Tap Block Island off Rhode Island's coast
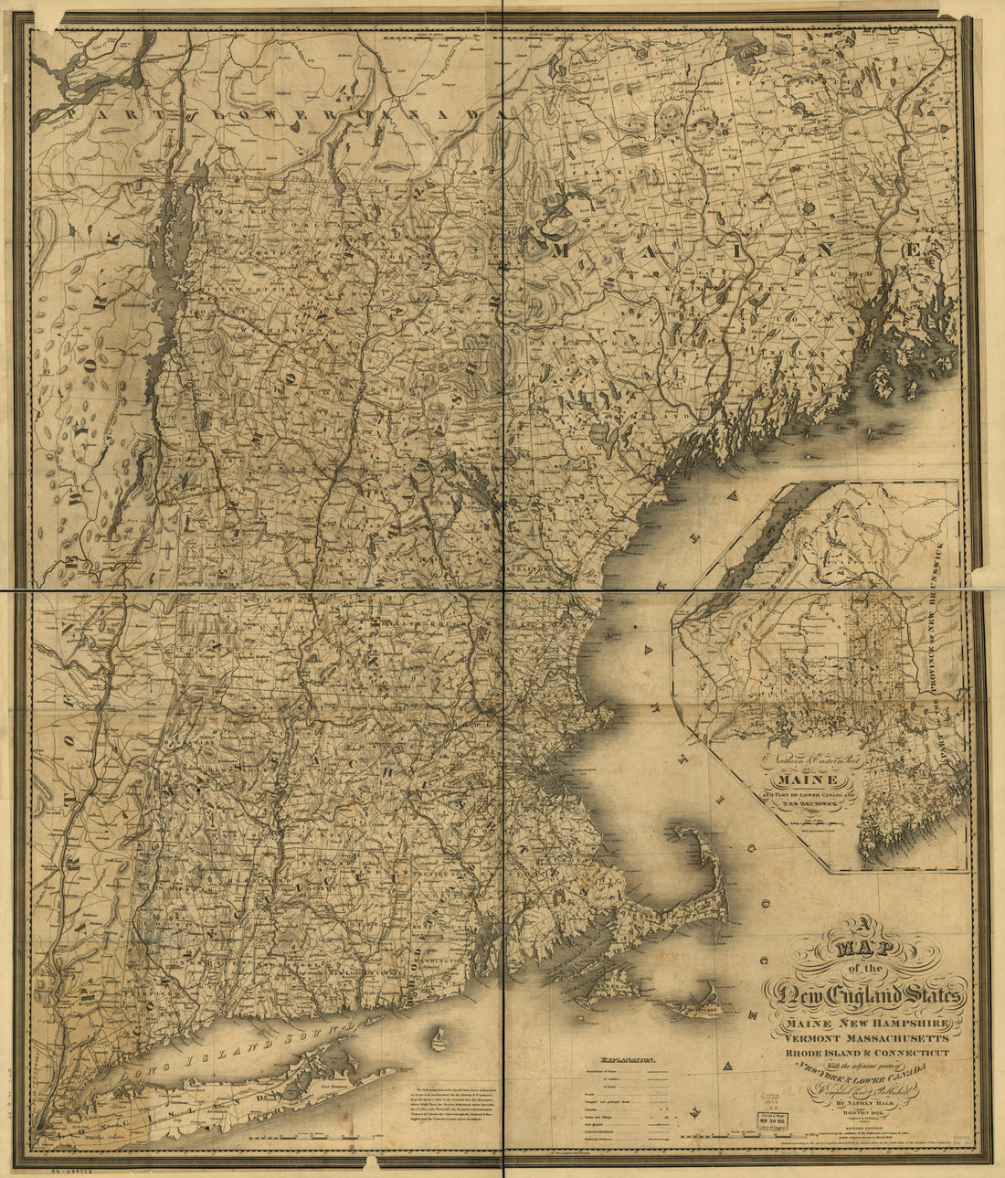(x=438, y=1038)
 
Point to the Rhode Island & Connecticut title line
(x=866, y=1054)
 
